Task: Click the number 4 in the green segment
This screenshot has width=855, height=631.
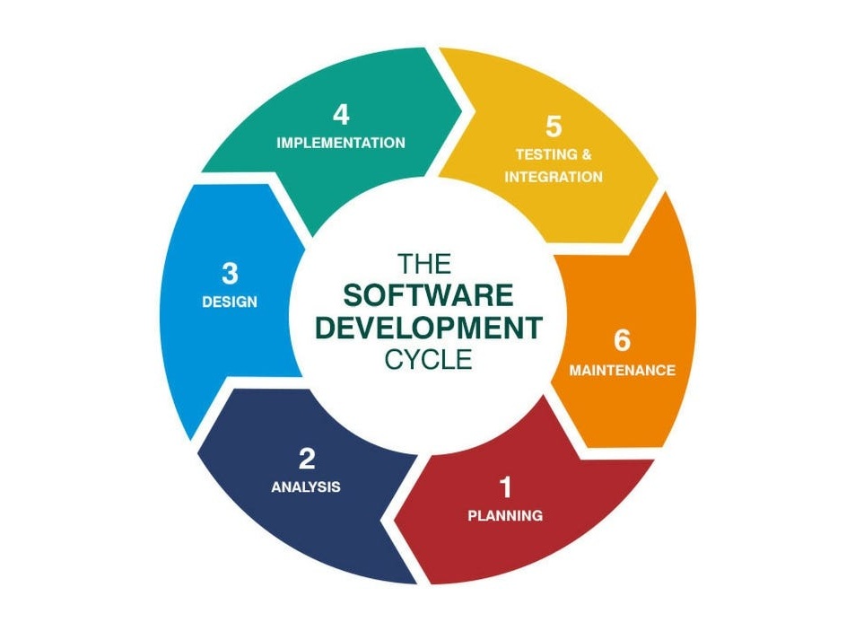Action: [341, 115]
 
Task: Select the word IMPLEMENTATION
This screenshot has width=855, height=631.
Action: [341, 143]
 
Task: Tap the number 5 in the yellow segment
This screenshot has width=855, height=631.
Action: [554, 127]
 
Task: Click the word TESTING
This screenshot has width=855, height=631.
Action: [545, 155]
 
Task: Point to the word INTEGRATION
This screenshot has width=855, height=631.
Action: [554, 177]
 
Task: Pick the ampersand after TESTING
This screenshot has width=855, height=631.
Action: [586, 155]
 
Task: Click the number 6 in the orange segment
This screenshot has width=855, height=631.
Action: [622, 340]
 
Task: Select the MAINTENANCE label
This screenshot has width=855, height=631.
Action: [622, 371]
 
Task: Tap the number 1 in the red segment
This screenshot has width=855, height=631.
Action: [506, 487]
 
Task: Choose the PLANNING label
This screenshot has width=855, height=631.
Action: [505, 515]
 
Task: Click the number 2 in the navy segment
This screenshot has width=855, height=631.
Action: [307, 459]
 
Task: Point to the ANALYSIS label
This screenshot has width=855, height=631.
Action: [306, 486]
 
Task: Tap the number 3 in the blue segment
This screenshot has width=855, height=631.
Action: [230, 273]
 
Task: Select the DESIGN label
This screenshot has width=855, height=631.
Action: [230, 302]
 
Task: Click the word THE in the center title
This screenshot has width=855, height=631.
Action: [424, 264]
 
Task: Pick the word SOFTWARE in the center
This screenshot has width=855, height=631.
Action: [428, 295]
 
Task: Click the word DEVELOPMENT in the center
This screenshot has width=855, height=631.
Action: [429, 328]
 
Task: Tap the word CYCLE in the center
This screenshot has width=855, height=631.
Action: [428, 359]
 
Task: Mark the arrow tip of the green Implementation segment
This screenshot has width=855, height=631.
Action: [462, 111]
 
